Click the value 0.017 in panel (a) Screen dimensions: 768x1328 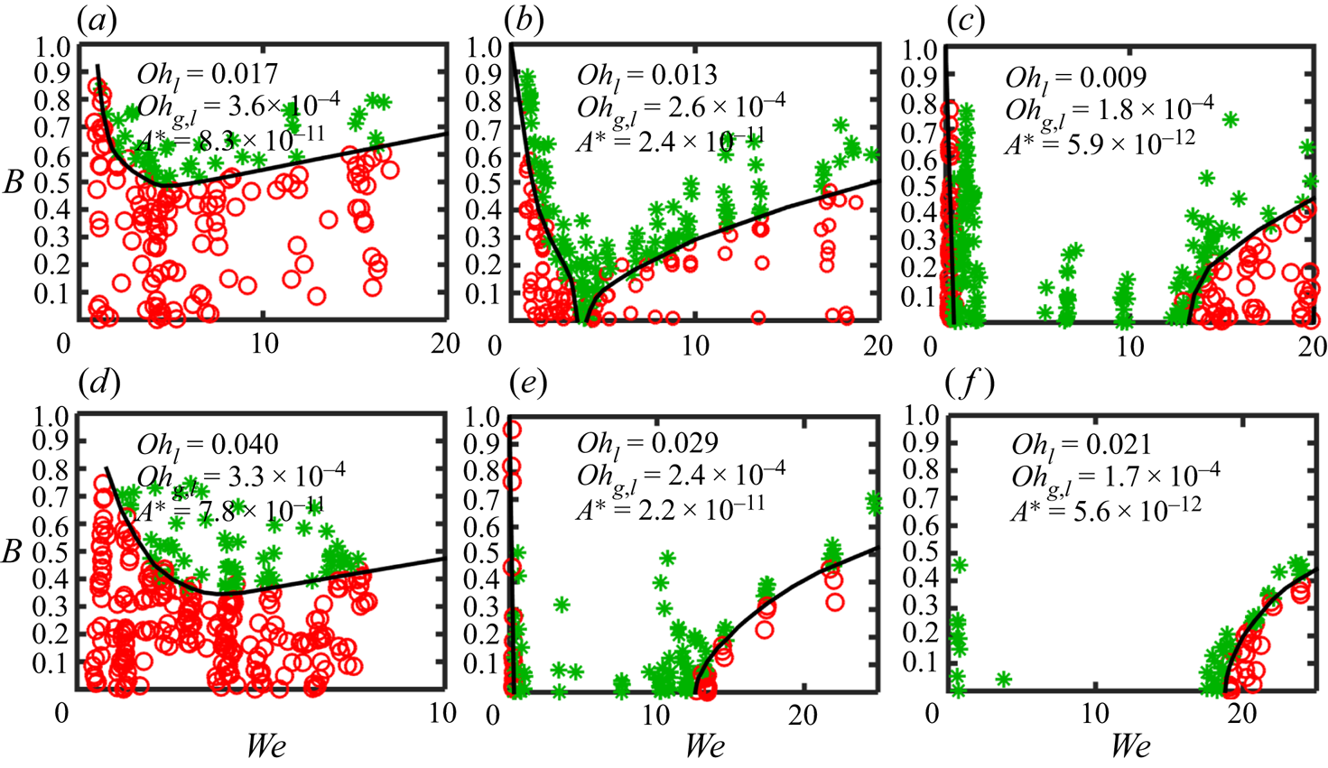point(245,74)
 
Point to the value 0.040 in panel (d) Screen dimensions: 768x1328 point(245,444)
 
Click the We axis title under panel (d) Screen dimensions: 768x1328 point(268,746)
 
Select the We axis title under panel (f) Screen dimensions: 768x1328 point(1130,746)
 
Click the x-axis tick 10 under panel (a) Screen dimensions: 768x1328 point(264,345)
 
